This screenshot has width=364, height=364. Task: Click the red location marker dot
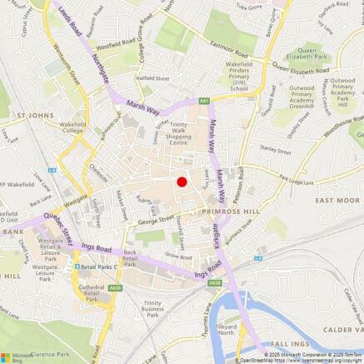tap(182, 182)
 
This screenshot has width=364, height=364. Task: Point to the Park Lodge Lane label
tap(295, 180)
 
